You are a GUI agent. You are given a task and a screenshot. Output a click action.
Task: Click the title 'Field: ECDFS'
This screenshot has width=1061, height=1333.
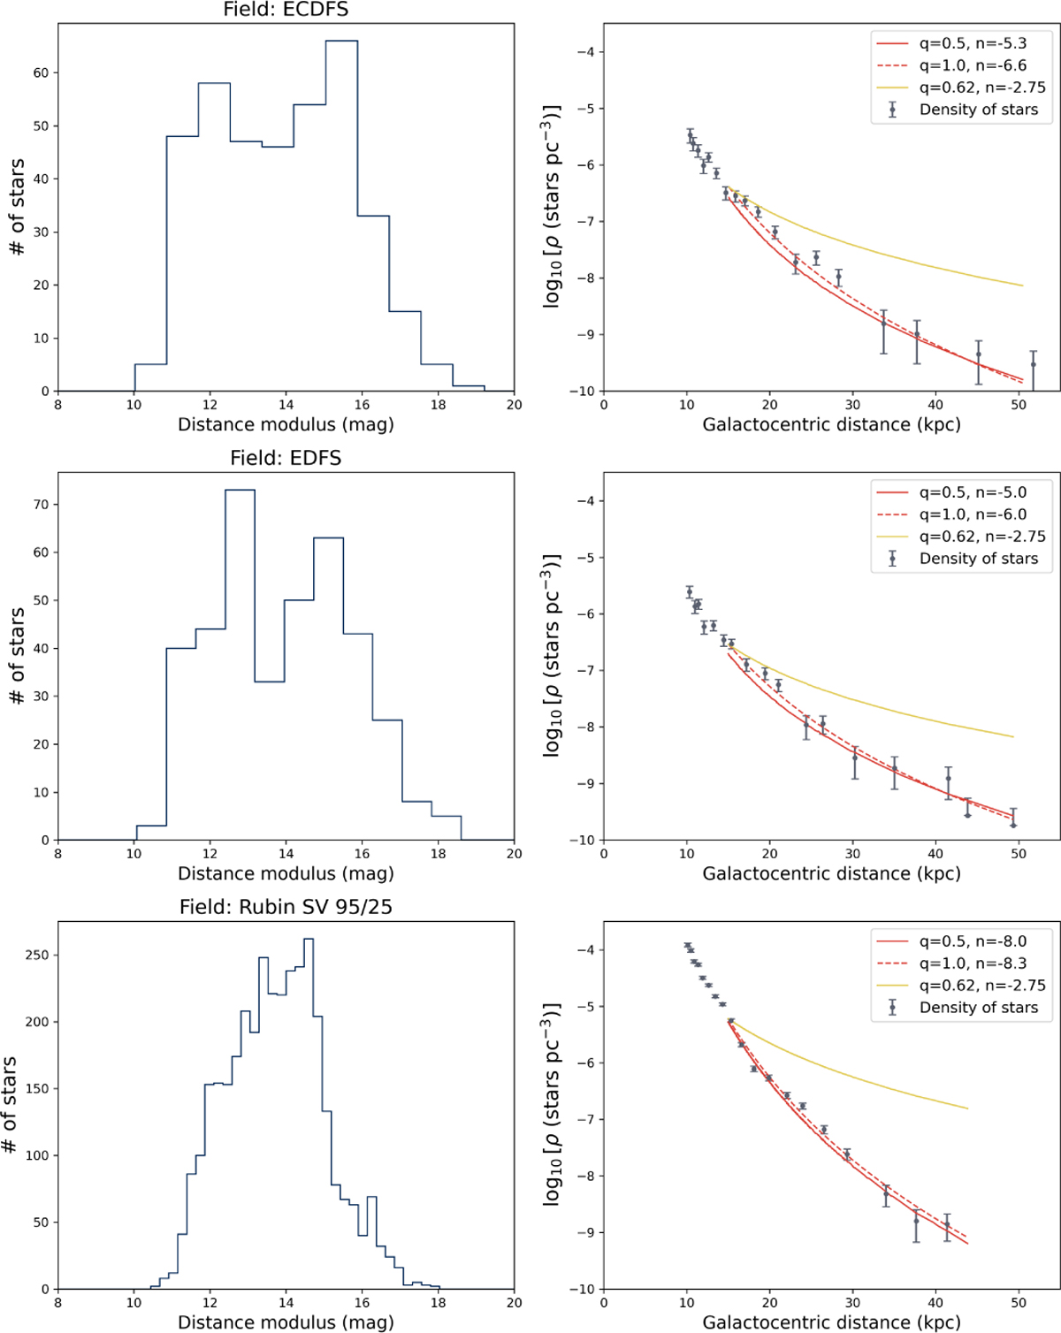(286, 10)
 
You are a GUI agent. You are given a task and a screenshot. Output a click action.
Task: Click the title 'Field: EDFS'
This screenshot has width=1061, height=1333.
(286, 458)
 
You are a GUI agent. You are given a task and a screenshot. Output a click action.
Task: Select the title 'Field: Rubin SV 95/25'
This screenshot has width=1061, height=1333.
(286, 907)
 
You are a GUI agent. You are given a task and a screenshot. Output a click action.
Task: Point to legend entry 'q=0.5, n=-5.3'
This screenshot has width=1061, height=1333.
(973, 43)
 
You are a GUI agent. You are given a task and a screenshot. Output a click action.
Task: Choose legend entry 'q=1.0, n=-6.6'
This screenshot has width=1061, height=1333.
(973, 65)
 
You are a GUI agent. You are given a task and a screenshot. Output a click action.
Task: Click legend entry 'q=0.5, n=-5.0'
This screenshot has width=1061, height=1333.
(973, 492)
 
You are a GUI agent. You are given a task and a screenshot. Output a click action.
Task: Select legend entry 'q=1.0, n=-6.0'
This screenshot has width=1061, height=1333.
(973, 514)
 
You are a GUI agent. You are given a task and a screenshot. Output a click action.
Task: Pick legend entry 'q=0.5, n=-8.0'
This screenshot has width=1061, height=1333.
(973, 941)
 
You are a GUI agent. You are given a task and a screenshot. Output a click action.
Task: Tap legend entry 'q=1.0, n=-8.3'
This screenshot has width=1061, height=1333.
(973, 964)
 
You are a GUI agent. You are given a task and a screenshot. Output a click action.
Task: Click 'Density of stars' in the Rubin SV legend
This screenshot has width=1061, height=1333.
(978, 1008)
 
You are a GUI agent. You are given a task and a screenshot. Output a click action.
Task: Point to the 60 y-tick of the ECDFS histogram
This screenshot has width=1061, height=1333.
(42, 72)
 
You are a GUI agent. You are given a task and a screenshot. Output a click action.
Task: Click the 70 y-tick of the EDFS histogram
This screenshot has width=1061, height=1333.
(42, 505)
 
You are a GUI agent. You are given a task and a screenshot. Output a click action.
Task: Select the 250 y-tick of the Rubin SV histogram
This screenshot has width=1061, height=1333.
(37, 955)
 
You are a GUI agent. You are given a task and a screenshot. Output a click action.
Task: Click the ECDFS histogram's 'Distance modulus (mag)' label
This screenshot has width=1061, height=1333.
(286, 425)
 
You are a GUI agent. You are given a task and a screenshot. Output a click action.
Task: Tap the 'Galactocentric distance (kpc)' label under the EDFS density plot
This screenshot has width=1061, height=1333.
(831, 874)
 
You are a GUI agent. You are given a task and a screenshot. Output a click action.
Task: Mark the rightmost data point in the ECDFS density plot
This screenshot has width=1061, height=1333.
(1033, 364)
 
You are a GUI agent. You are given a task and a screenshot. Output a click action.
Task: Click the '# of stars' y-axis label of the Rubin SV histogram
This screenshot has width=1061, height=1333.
(10, 1105)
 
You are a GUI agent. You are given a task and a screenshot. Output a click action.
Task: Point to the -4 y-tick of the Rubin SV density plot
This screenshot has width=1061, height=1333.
(586, 950)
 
